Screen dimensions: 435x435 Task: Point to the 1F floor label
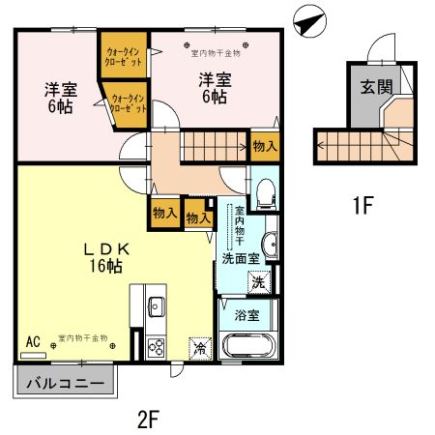362,205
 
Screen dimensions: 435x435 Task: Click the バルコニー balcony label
63,382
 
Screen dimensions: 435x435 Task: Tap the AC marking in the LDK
33,340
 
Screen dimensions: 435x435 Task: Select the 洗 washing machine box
259,282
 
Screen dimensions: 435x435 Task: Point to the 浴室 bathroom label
246,314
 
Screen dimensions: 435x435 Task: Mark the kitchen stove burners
156,347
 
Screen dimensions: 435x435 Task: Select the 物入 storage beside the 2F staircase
264,146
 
